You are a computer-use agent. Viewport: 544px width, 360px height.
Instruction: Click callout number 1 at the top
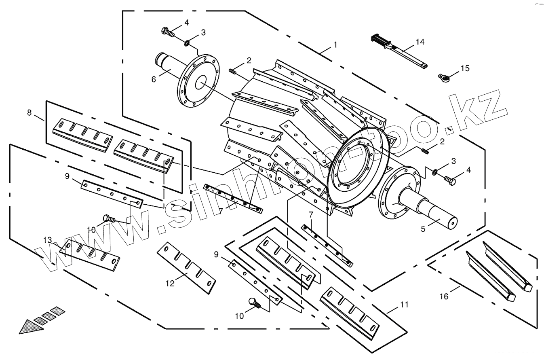point(335,45)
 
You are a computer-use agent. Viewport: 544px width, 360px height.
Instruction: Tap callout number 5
point(423,229)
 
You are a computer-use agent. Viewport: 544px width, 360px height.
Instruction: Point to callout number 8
point(29,113)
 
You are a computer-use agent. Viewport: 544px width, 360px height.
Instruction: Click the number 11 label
point(405,304)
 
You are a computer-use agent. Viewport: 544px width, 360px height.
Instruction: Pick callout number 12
point(170,284)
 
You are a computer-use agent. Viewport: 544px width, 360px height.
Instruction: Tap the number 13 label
point(48,240)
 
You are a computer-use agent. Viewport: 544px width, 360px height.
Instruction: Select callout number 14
point(420,42)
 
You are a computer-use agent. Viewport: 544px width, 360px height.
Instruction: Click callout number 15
point(465,68)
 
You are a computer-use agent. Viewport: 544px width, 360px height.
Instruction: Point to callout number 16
point(444,297)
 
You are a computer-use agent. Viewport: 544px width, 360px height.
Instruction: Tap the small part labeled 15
point(443,76)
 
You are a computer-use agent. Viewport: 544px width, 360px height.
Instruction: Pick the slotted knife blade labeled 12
point(186,267)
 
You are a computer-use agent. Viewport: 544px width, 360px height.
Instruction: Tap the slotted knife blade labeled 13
point(90,254)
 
